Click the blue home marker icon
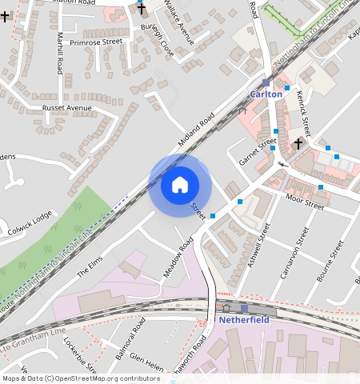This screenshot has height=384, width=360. [180, 185]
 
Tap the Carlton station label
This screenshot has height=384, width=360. [266, 94]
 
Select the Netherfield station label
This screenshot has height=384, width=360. [244, 320]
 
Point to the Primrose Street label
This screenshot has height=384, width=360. [95, 42]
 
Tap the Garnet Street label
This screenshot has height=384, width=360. [258, 151]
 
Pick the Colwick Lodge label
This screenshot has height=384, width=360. [31, 217]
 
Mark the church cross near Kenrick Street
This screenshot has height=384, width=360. [298, 144]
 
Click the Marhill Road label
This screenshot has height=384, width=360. [60, 53]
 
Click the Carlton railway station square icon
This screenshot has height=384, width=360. [266, 82]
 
